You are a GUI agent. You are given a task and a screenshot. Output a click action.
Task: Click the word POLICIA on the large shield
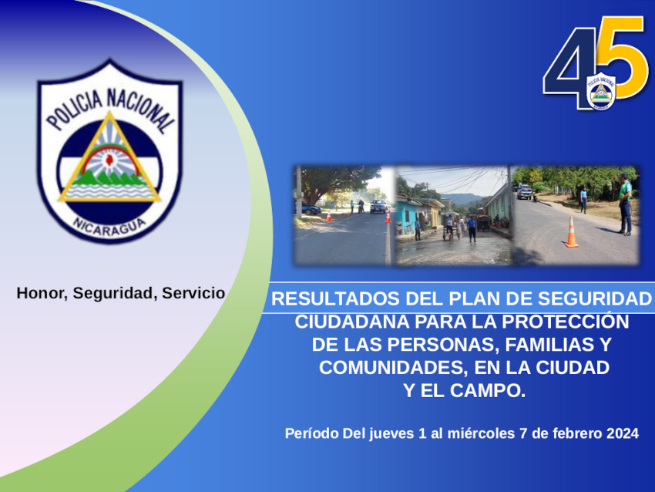click(x=74, y=109)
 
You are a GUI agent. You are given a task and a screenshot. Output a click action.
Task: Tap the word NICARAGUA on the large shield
click(x=109, y=227)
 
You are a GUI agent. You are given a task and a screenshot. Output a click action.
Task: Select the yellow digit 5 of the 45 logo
click(x=623, y=58)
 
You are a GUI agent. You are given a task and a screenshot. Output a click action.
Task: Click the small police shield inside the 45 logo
click(x=601, y=91)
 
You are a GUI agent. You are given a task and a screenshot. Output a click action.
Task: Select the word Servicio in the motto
click(x=193, y=293)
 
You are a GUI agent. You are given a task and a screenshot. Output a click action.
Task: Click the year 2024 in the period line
click(x=623, y=433)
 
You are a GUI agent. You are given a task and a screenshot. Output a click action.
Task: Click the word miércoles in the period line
click(x=481, y=433)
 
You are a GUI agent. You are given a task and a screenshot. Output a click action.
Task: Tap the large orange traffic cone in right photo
click(x=572, y=232)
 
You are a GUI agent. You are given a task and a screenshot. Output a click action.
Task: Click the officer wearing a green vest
click(x=625, y=204)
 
